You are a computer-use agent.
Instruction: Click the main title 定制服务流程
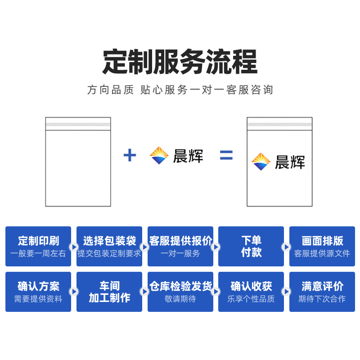pos(180,62)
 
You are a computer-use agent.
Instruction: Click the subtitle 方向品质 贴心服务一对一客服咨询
pos(180,90)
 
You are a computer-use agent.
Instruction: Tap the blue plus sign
pos(130,156)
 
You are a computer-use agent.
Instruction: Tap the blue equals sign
pos(226,156)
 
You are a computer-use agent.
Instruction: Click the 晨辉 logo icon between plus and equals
pos(159,156)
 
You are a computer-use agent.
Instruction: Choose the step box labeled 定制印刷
pos(38,246)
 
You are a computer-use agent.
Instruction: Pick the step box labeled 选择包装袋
pos(109,246)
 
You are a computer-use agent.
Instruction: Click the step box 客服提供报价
pos(180,246)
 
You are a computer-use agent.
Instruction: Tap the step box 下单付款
pos(251,246)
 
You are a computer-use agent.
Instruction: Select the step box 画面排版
pos(322,246)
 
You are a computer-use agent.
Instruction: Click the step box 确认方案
pos(38,292)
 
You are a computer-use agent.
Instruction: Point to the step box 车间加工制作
pos(109,292)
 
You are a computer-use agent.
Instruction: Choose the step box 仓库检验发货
pos(180,292)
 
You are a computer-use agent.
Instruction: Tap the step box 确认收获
pos(251,292)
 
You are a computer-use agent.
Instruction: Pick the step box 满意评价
pos(322,292)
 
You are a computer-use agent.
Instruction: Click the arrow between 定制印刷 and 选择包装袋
pos(73,247)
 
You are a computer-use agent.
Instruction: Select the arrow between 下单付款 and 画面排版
pos(286,247)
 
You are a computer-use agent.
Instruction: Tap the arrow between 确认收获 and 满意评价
pos(286,292)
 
